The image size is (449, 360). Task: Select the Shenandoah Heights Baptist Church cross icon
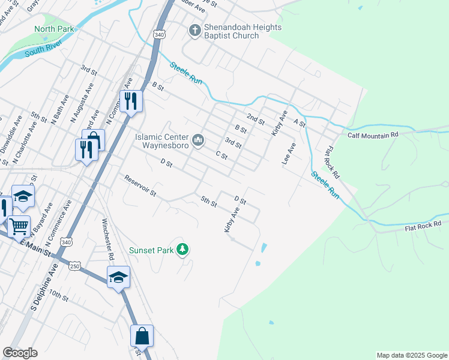(194, 30)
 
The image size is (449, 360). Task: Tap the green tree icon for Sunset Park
(183, 250)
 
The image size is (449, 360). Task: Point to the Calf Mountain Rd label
(373, 136)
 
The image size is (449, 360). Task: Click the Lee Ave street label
(288, 154)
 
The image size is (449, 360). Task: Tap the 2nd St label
(256, 118)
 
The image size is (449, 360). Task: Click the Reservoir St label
(140, 186)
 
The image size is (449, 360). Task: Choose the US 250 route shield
(73, 265)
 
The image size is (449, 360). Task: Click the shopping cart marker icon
(19, 226)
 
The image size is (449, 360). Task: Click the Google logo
(20, 353)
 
